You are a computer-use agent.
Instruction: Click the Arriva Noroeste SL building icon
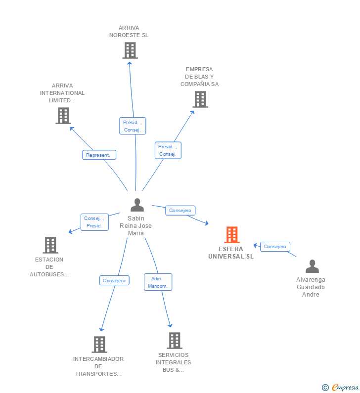(130, 50)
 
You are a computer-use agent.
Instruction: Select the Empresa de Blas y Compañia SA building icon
(200, 99)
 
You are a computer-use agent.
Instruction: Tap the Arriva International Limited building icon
(63, 116)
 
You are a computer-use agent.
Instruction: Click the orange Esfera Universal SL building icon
(232, 235)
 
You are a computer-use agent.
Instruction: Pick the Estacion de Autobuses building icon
(50, 245)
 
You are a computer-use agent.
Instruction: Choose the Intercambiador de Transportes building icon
(99, 345)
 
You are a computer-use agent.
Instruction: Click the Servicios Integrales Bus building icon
(174, 341)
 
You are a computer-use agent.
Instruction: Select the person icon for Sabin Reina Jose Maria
(137, 205)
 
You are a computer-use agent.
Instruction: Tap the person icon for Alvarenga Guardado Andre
(312, 266)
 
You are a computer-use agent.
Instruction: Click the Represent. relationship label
(99, 155)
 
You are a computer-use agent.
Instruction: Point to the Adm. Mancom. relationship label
(158, 282)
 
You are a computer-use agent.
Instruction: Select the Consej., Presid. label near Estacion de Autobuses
(94, 222)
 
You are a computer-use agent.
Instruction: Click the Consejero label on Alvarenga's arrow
(275, 247)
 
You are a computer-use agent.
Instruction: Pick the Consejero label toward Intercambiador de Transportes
(115, 280)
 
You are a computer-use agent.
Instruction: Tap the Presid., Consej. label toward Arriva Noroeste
(133, 126)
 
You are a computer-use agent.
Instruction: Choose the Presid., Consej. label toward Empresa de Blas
(168, 150)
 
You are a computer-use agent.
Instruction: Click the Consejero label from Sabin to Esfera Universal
(180, 211)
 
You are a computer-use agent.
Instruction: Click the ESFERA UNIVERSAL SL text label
(231, 253)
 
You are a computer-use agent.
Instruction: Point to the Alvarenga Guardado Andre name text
(311, 287)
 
